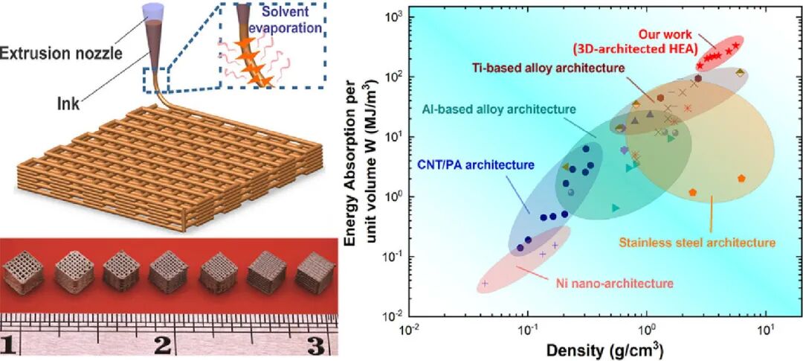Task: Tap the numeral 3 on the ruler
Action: pyautogui.click(x=315, y=345)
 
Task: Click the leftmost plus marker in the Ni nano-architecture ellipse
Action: pyautogui.click(x=486, y=284)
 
